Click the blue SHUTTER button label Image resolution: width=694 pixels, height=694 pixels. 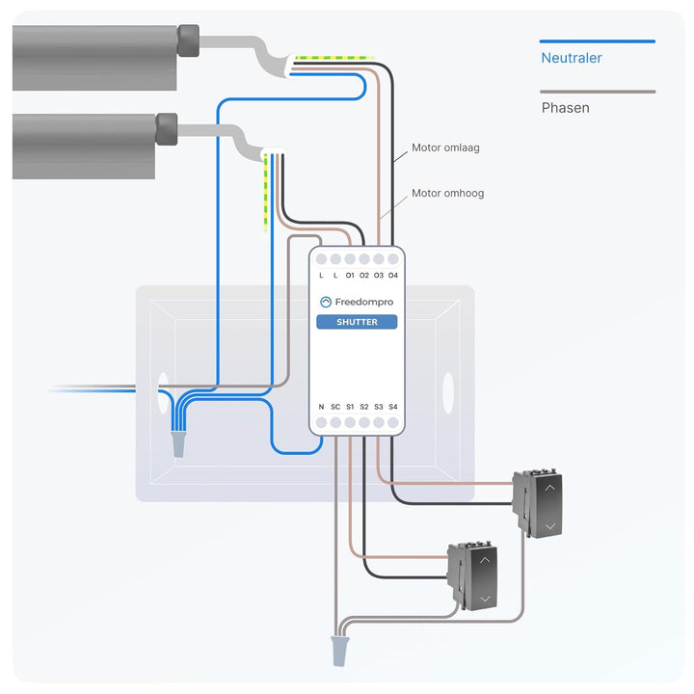click(357, 322)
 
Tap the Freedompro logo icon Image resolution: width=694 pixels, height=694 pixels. click(326, 302)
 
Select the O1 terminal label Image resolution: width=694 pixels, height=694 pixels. click(350, 276)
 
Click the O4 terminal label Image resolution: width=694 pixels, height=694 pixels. click(393, 276)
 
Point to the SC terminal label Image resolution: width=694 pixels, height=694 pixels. click(335, 407)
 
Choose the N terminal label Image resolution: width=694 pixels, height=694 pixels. click(321, 407)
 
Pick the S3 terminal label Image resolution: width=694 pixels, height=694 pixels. click(379, 407)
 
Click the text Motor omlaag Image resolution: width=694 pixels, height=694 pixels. click(445, 147)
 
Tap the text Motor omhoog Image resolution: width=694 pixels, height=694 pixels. click(447, 194)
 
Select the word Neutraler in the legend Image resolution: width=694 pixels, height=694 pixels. click(572, 58)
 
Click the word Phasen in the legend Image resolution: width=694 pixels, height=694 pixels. click(565, 108)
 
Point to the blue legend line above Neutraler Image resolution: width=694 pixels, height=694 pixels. click(597, 41)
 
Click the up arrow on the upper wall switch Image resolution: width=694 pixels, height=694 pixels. click(549, 488)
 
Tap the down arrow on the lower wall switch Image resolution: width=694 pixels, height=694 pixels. click(485, 599)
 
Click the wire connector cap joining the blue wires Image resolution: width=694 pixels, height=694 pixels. click(178, 444)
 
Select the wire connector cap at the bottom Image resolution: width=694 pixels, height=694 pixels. click(339, 651)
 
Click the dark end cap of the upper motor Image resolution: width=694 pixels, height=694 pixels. click(188, 40)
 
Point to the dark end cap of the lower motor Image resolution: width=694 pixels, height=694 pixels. click(167, 129)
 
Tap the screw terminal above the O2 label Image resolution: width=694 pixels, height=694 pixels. click(364, 259)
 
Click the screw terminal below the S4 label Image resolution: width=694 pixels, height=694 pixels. click(393, 423)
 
